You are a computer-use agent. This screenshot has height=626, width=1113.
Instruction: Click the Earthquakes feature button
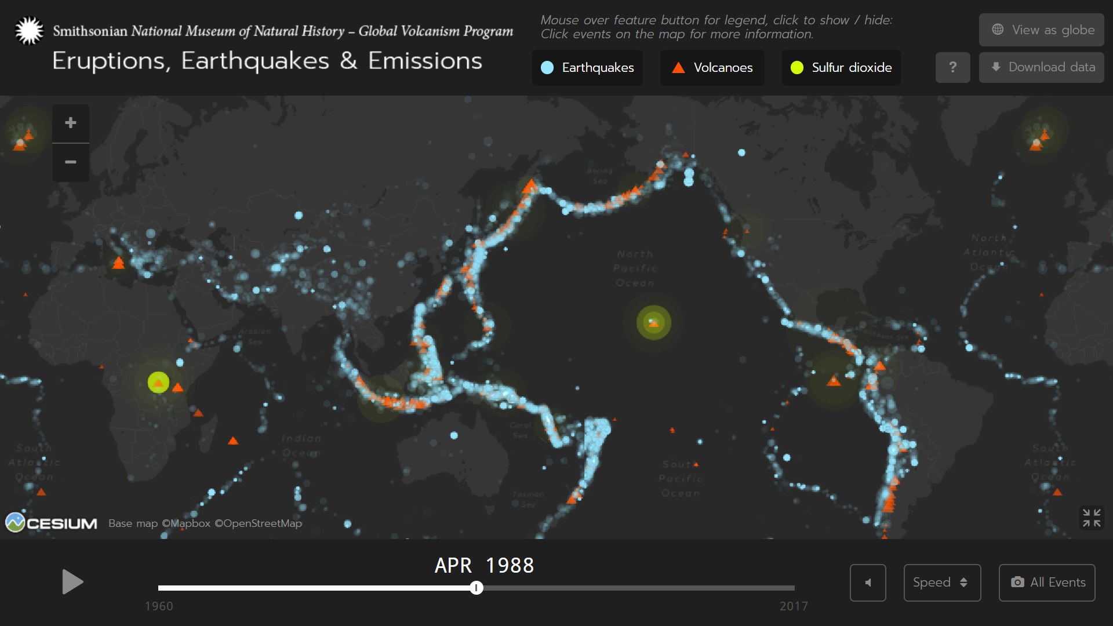587,68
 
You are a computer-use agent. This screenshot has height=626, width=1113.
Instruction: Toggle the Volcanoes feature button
712,68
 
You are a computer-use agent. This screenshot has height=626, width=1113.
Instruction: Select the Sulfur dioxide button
841,68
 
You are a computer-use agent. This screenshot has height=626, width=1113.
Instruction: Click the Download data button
1041,67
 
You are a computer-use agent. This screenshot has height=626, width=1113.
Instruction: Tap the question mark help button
952,67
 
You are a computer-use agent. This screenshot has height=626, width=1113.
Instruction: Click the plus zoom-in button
71,123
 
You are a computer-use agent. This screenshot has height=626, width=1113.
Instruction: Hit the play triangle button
72,582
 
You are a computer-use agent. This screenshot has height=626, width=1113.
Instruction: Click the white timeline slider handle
477,588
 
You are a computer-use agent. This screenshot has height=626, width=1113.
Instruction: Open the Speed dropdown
942,583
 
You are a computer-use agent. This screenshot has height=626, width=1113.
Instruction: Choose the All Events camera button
1047,583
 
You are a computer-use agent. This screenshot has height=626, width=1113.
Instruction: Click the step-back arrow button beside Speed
868,583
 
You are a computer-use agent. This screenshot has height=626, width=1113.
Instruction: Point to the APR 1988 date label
484,565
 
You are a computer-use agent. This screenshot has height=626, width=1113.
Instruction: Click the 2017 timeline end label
793,606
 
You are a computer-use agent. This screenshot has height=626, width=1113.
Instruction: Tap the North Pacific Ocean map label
635,268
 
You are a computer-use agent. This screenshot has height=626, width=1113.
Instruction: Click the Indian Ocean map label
301,445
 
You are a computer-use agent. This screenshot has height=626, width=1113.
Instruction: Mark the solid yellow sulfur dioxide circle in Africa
158,382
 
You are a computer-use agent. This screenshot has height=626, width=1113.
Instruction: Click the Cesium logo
52,523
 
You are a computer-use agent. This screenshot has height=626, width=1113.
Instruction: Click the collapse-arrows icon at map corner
1092,518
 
